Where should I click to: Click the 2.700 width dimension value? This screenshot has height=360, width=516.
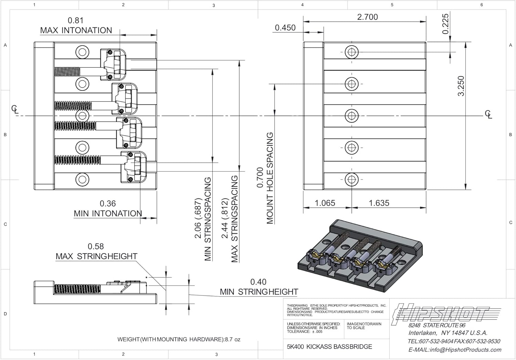click(x=367, y=17)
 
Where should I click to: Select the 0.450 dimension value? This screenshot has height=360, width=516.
click(x=285, y=28)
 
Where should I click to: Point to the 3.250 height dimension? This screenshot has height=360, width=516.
click(x=461, y=86)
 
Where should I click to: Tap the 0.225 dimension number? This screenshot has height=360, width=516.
click(x=445, y=24)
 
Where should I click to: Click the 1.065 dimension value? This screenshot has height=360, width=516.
click(x=325, y=203)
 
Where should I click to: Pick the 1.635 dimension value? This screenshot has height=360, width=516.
click(x=379, y=203)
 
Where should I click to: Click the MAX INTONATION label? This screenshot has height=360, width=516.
click(x=76, y=30)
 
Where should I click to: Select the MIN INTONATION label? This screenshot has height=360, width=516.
click(x=108, y=213)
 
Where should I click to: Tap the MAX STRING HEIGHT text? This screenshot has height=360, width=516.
click(x=96, y=256)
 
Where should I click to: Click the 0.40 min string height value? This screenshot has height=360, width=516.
click(x=258, y=282)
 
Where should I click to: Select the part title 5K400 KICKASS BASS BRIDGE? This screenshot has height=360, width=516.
click(x=329, y=347)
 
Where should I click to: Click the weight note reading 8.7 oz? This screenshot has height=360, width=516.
click(x=179, y=339)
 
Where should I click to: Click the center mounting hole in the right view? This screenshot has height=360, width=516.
click(x=351, y=116)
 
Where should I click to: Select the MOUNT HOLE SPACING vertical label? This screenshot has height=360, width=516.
click(x=270, y=178)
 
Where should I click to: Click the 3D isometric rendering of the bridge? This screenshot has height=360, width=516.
click(x=359, y=256)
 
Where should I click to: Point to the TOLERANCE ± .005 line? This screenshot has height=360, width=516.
click(x=305, y=331)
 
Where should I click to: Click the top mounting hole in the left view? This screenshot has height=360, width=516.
click(x=82, y=52)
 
